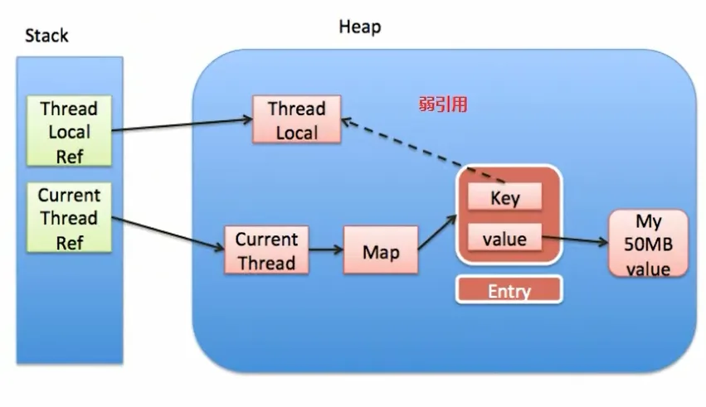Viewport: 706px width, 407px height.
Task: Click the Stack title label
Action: click(46, 36)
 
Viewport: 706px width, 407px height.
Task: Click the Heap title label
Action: click(360, 27)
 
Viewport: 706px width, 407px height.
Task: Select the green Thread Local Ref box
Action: click(69, 131)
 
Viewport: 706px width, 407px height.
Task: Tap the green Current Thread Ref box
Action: click(69, 217)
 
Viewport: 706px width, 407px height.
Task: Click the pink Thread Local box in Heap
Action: click(296, 119)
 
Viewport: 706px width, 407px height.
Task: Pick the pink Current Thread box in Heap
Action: click(266, 250)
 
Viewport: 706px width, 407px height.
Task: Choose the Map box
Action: click(381, 250)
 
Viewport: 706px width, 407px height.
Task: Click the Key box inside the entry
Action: click(504, 196)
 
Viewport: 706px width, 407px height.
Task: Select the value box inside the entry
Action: click(504, 237)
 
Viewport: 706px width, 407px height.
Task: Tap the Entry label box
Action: click(509, 290)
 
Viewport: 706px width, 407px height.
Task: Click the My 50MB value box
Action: click(649, 244)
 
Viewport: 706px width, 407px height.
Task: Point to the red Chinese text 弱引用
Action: click(443, 104)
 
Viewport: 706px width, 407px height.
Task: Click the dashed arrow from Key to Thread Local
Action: click(423, 151)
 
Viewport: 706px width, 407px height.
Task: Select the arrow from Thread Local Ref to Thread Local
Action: click(182, 125)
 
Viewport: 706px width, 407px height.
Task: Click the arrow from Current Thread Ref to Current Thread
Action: click(168, 233)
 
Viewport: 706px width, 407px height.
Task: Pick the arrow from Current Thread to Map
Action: click(326, 250)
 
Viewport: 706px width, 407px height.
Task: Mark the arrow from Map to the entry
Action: click(437, 232)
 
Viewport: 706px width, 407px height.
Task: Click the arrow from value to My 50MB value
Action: click(575, 240)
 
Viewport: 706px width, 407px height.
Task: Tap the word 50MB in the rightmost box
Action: click(649, 245)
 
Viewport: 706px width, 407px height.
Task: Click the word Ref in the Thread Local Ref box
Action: click(70, 157)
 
